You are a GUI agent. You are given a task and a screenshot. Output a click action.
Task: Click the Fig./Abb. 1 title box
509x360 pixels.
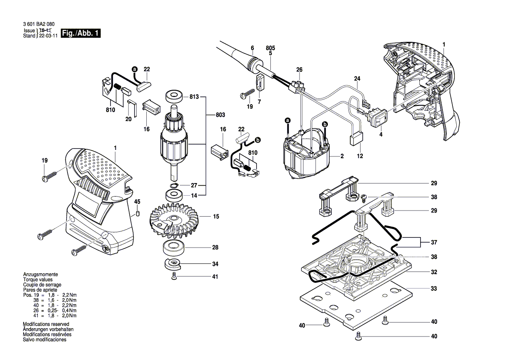point(81,34)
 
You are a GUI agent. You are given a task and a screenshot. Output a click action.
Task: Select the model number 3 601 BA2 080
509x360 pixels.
point(39,25)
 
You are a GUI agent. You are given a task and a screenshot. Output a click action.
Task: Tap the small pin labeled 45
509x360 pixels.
point(138,214)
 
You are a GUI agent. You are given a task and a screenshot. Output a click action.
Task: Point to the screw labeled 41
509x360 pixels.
point(174,276)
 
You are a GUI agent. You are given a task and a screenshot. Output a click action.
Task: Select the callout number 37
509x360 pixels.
point(434,242)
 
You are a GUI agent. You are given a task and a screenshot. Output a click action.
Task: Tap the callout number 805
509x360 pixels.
point(270,48)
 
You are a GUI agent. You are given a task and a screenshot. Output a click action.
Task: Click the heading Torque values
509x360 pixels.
point(37,279)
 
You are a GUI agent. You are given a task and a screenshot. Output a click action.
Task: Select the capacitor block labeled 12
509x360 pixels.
point(356,139)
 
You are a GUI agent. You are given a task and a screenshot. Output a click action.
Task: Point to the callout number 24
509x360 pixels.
point(357,79)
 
